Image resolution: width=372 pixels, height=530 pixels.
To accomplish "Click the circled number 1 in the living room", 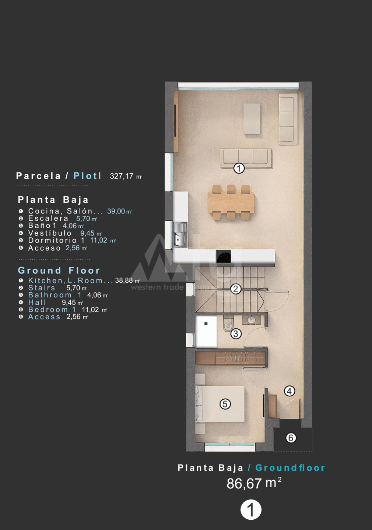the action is [239, 169].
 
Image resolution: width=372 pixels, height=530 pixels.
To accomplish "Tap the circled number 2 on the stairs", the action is [236, 289].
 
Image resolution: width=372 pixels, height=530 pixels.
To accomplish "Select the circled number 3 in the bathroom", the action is [236, 334].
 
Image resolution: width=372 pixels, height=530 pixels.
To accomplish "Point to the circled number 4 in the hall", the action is [289, 391].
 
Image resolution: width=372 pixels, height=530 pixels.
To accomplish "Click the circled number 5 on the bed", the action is [225, 404].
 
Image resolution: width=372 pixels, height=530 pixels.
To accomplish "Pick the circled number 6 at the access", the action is [291, 438].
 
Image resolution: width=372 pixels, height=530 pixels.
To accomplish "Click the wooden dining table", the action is [231, 202].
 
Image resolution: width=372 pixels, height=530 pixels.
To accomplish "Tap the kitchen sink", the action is [180, 234].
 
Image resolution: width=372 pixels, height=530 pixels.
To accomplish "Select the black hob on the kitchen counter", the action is [224, 257].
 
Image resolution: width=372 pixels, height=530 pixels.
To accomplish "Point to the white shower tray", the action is [206, 332].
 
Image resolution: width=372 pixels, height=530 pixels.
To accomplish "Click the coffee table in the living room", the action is [252, 118].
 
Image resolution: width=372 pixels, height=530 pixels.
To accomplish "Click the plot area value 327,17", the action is [122, 176].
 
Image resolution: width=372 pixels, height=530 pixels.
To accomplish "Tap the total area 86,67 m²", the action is [254, 483].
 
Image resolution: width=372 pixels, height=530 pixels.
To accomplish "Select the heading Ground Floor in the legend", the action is [59, 271].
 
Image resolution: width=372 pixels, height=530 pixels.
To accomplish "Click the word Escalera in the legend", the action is [48, 218].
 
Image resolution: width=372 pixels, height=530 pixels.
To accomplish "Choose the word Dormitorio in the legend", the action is [53, 240].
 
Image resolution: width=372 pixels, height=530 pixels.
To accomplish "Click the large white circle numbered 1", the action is [251, 509].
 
